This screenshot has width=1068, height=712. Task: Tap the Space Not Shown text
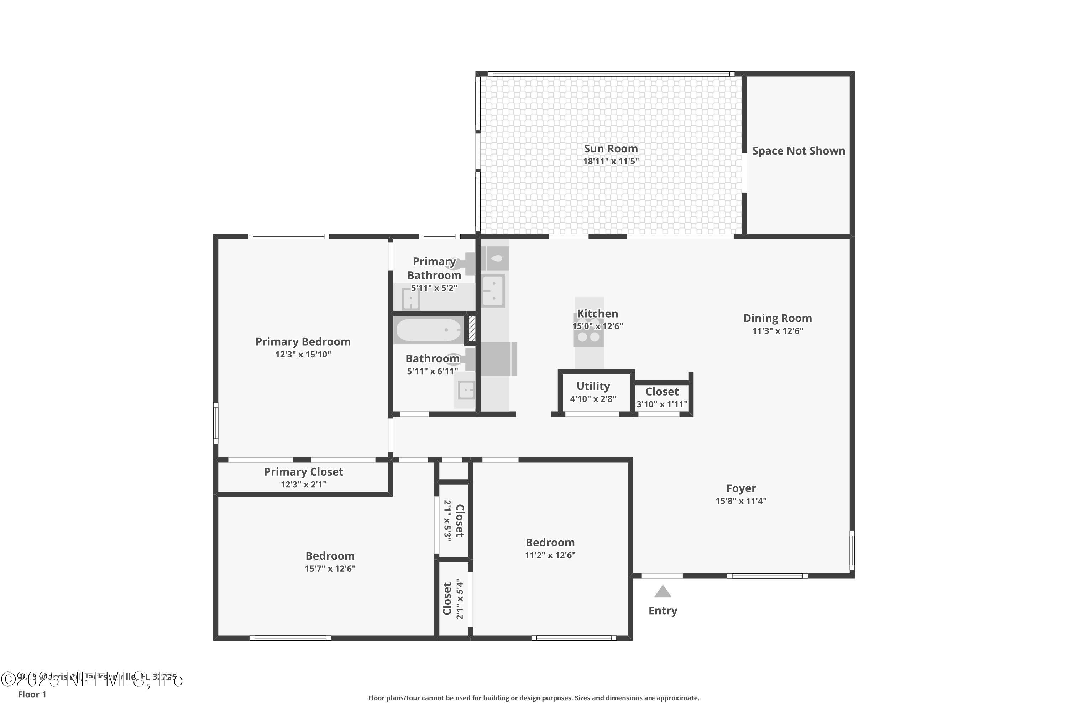pyautogui.click(x=798, y=151)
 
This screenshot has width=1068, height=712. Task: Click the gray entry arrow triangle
pyautogui.click(x=663, y=592)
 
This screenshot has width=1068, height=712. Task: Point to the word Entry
pyautogui.click(x=663, y=611)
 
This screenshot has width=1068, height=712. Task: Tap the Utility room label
pyautogui.click(x=593, y=386)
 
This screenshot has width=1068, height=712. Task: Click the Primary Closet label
pyautogui.click(x=303, y=472)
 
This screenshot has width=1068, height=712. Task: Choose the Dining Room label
pyautogui.click(x=778, y=318)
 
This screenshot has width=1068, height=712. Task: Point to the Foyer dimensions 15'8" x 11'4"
pyautogui.click(x=741, y=501)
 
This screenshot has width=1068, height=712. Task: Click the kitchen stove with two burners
pyautogui.click(x=588, y=337)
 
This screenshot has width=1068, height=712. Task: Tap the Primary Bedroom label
pyautogui.click(x=303, y=341)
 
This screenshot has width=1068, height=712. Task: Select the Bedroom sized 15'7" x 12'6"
pyautogui.click(x=330, y=556)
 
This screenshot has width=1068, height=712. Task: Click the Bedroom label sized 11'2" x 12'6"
pyautogui.click(x=550, y=543)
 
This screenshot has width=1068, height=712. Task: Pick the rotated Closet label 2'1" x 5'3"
pyautogui.click(x=459, y=520)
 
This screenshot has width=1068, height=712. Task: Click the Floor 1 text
pyautogui.click(x=32, y=694)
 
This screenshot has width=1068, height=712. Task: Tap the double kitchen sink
pyautogui.click(x=493, y=290)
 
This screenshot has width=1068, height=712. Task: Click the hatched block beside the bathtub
pyautogui.click(x=472, y=328)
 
